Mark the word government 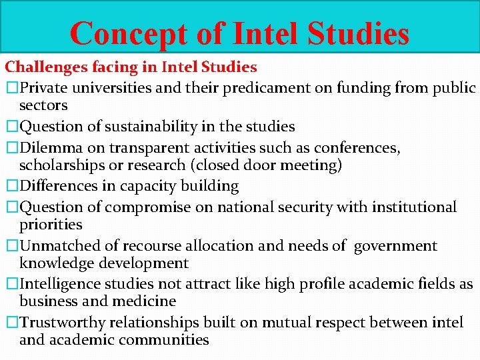point(395,246)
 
